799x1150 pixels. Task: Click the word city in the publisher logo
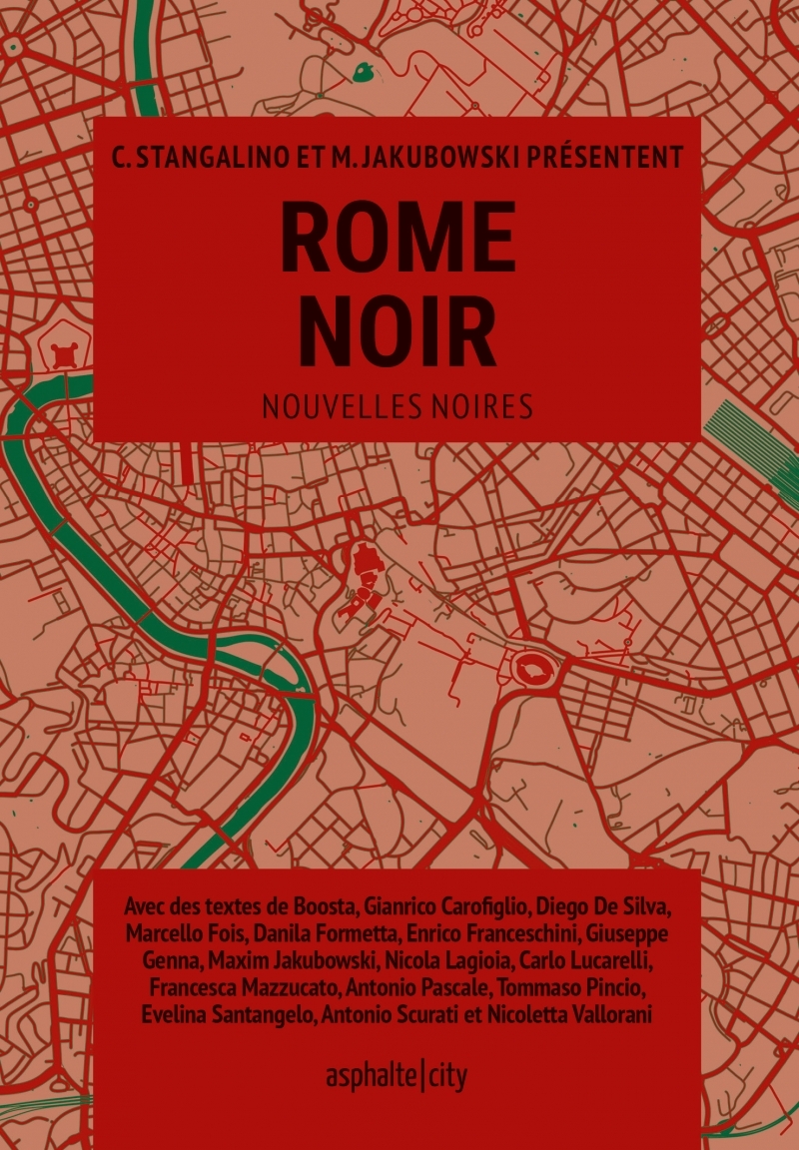(447, 1076)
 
